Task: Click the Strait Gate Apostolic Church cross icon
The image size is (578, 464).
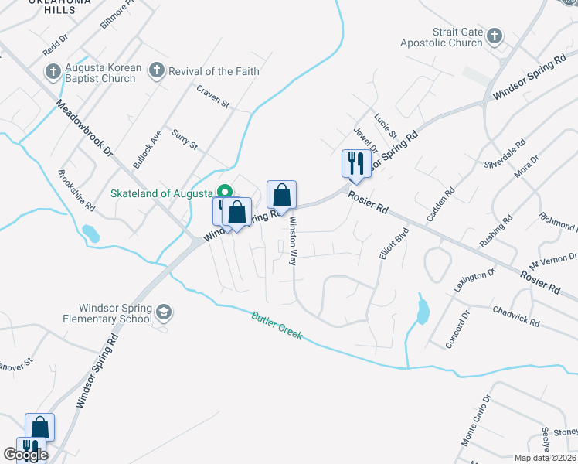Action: (494, 36)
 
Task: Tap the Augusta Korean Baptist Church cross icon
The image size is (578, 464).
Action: (53, 72)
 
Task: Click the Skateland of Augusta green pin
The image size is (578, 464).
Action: (225, 192)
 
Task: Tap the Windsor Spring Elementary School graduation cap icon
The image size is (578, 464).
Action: (163, 312)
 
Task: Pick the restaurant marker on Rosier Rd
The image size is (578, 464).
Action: (356, 163)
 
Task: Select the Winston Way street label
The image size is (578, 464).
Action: (293, 240)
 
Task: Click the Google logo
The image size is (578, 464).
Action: (25, 455)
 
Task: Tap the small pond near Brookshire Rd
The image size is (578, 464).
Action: (90, 233)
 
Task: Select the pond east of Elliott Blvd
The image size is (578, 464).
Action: (422, 311)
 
